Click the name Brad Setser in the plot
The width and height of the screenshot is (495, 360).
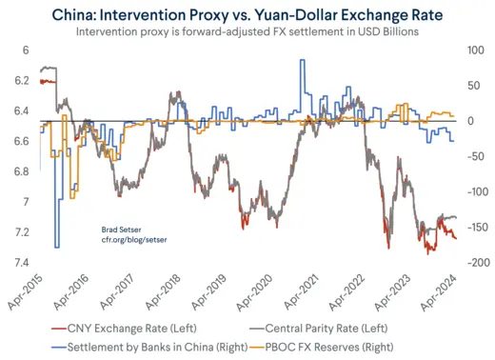pos(121,230)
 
